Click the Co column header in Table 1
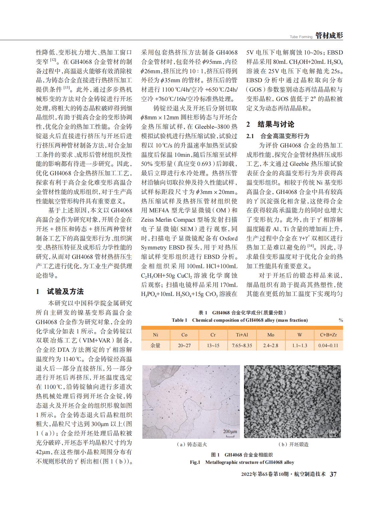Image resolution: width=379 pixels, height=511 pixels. point(184,335)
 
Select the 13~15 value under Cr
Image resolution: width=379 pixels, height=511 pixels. point(213,345)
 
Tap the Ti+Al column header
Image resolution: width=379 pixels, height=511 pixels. point(242,335)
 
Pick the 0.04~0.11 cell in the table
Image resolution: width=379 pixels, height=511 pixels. point(328,345)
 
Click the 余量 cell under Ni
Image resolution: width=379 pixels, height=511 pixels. point(155,345)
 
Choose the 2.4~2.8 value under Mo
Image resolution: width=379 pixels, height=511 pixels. point(271,345)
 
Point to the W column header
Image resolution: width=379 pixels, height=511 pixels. point(299,335)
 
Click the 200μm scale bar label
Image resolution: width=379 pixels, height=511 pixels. point(230,431)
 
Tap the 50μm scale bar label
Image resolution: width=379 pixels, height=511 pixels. point(332,431)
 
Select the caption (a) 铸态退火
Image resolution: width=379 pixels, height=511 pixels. point(192,444)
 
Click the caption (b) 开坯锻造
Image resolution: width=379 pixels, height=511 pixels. point(293,444)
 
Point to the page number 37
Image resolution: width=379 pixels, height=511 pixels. point(333,474)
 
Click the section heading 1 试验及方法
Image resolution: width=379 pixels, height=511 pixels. point(60,291)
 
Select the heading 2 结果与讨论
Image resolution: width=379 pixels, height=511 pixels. point(270,124)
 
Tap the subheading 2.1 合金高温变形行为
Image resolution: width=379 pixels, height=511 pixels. point(278,136)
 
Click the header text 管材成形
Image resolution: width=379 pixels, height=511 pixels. point(329,36)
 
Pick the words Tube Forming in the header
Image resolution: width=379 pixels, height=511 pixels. point(301,37)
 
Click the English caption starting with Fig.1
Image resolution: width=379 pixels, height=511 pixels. point(242,462)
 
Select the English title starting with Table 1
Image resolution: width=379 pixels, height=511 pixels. point(240,320)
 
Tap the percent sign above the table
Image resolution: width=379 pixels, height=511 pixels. point(341,320)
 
